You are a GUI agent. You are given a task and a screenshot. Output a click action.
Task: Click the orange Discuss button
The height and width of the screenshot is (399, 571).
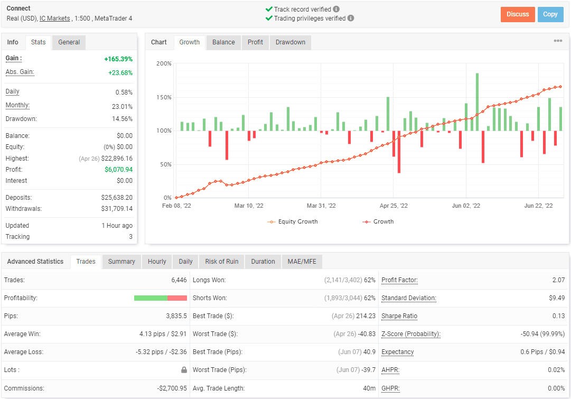518,14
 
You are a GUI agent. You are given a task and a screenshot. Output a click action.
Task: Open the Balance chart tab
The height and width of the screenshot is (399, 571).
223,42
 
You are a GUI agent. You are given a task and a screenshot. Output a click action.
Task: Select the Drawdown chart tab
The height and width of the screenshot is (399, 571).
291,42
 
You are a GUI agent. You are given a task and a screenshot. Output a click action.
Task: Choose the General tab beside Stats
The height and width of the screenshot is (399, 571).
69,42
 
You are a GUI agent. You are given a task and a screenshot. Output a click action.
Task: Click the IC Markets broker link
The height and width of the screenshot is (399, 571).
55,18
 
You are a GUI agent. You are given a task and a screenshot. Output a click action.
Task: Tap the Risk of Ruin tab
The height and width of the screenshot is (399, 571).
221,262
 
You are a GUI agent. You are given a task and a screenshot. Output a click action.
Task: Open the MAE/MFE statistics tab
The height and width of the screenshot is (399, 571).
302,262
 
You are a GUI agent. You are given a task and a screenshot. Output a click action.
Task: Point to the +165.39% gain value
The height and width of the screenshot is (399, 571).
118,59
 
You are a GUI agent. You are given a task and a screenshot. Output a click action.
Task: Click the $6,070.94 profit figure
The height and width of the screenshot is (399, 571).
119,170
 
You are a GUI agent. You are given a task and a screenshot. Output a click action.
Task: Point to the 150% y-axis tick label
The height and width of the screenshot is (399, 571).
164,98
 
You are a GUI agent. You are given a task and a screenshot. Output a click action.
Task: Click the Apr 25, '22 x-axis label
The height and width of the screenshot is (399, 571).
394,206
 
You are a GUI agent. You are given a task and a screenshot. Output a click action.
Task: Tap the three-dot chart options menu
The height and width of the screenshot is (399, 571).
558,41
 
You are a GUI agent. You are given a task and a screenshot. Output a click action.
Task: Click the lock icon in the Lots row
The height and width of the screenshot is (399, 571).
184,370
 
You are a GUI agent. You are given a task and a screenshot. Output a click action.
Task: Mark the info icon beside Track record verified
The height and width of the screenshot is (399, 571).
336,10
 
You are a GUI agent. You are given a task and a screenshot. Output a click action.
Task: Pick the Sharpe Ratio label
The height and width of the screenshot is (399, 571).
399,316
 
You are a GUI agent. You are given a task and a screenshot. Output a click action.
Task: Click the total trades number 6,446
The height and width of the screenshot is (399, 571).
179,280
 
